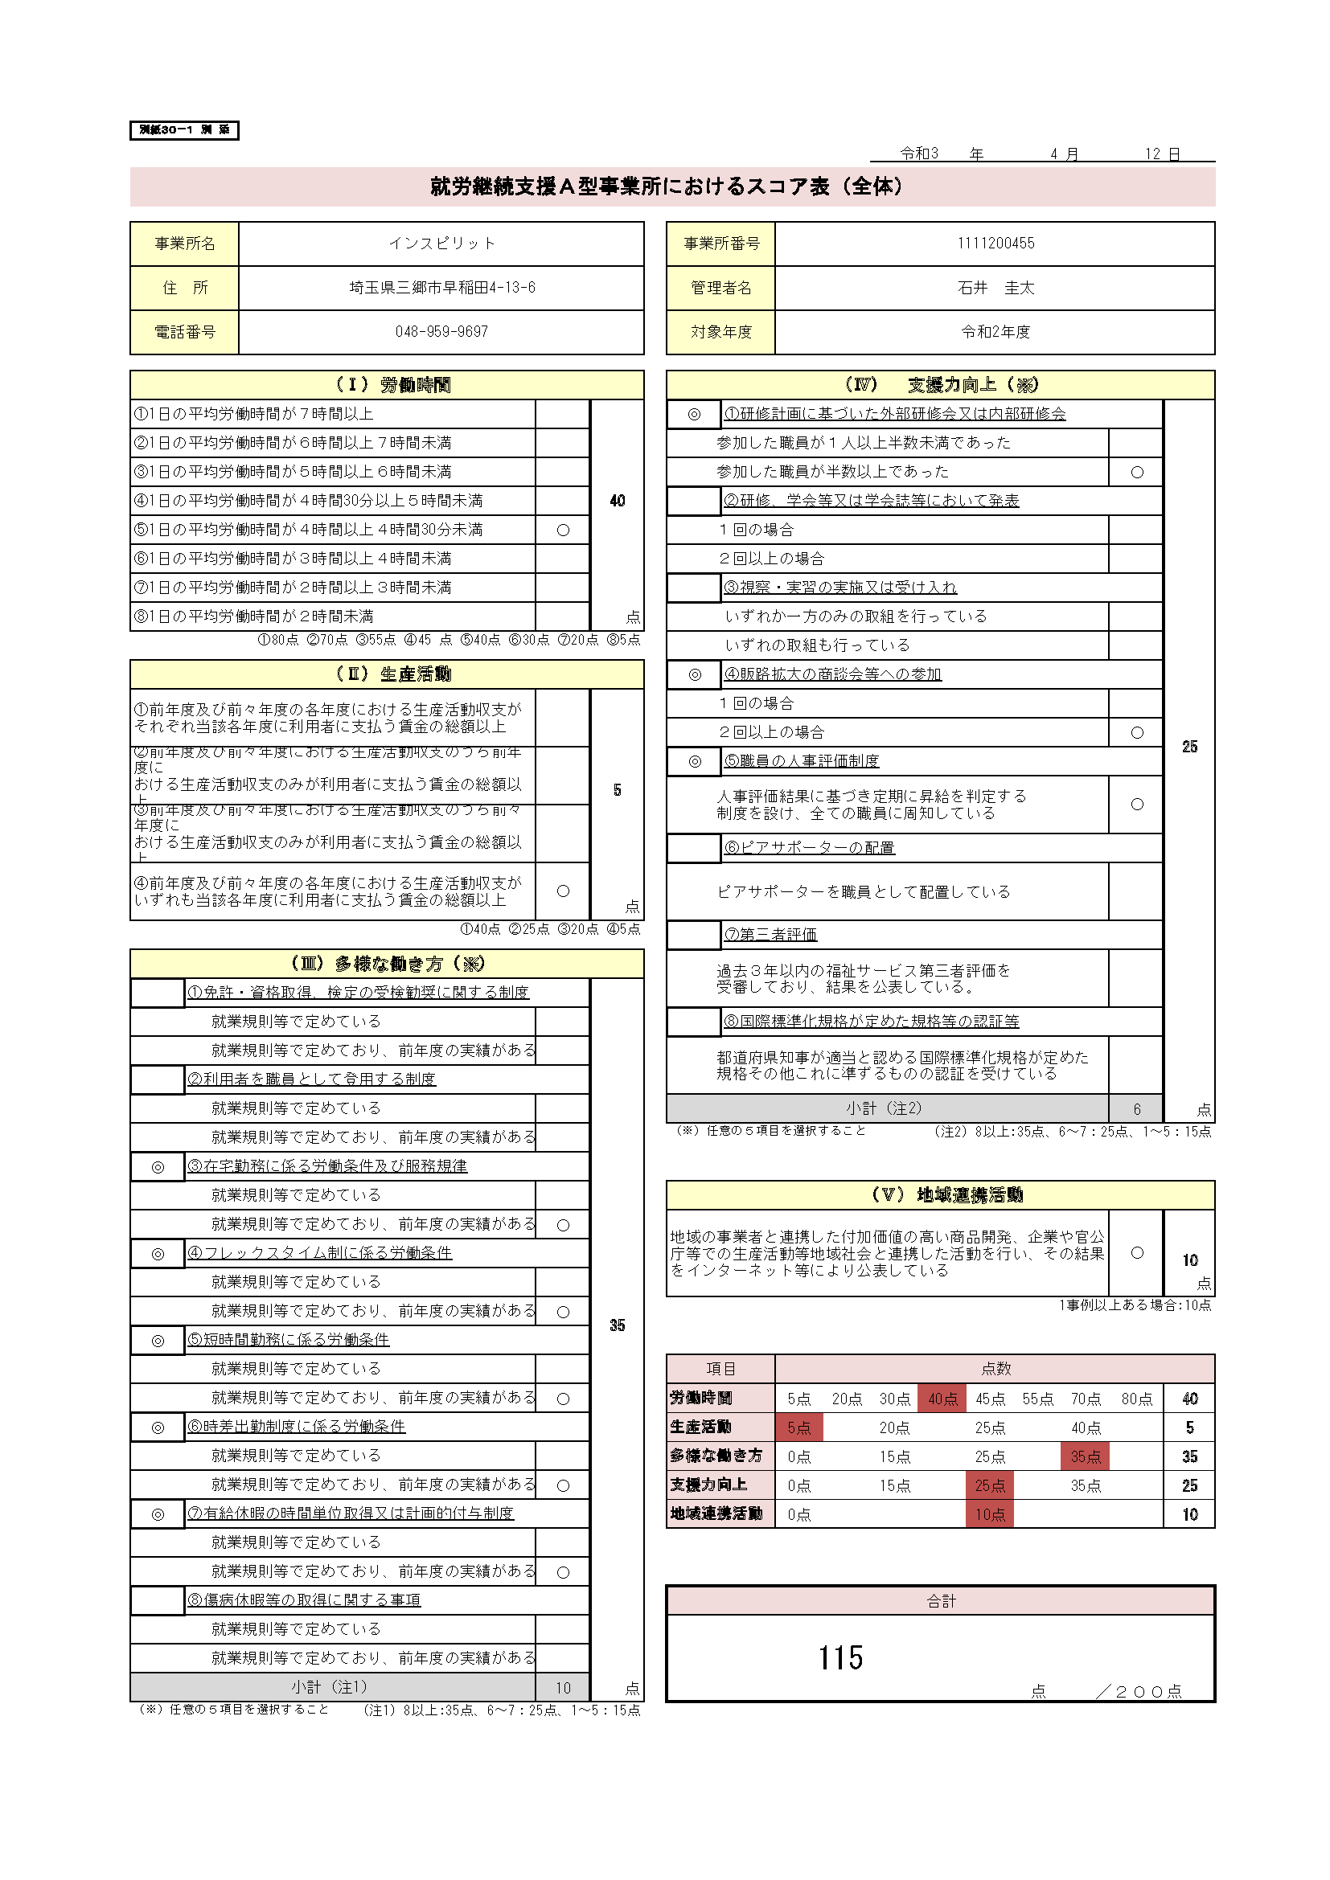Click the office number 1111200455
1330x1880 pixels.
point(995,244)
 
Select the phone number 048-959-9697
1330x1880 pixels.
point(441,332)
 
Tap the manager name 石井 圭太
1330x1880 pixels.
point(995,288)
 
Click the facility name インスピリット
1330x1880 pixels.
point(441,244)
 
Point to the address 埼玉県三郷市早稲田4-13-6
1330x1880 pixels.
point(441,288)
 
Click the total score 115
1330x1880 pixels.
point(840,1658)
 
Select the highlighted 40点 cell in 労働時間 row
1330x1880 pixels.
point(942,1399)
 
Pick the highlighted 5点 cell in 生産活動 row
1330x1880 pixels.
point(798,1427)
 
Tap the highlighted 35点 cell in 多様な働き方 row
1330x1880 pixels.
point(1086,1456)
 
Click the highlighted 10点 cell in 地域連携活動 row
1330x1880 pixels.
point(989,1514)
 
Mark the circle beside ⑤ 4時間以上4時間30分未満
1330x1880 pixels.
point(563,530)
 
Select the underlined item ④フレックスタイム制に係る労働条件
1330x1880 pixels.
point(319,1253)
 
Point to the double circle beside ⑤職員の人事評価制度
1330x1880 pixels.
point(695,761)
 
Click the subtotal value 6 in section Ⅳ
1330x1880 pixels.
point(1137,1108)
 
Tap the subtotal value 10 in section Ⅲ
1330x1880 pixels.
point(563,1688)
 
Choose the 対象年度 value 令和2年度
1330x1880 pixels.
point(995,332)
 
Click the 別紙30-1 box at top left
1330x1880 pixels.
point(184,130)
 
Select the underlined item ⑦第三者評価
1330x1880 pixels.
point(770,934)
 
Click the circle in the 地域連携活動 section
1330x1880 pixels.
point(1137,1253)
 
